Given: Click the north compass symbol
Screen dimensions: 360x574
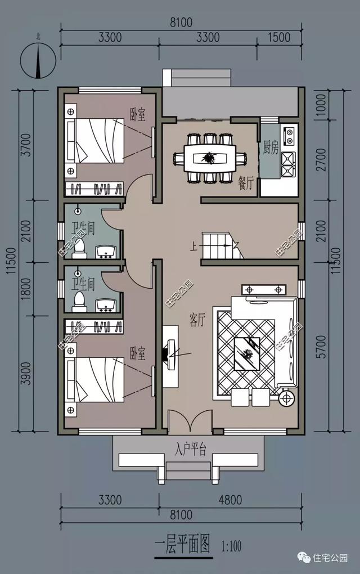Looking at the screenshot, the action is coord(38,60).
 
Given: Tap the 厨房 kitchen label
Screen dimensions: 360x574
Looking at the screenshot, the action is coord(271,147).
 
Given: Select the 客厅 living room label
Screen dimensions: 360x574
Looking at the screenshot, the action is coord(197,320).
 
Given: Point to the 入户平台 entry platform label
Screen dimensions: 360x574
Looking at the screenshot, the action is coord(190,449).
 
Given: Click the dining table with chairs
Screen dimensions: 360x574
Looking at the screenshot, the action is coord(210,158).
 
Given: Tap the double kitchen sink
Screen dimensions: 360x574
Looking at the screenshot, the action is coord(288,164).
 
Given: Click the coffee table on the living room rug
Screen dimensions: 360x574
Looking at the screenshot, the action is coord(247,353).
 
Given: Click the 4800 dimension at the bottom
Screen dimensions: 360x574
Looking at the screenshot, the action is coord(230,500).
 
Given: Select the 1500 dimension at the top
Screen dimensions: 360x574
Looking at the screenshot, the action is coord(279,37).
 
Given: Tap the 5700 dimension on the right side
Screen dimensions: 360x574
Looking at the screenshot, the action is coord(321,346).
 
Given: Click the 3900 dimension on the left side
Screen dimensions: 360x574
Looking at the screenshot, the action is coord(26,374).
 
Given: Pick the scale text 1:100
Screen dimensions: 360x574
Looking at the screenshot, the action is coord(231,546).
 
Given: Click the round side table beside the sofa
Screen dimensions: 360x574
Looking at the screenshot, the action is coord(287,397).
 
